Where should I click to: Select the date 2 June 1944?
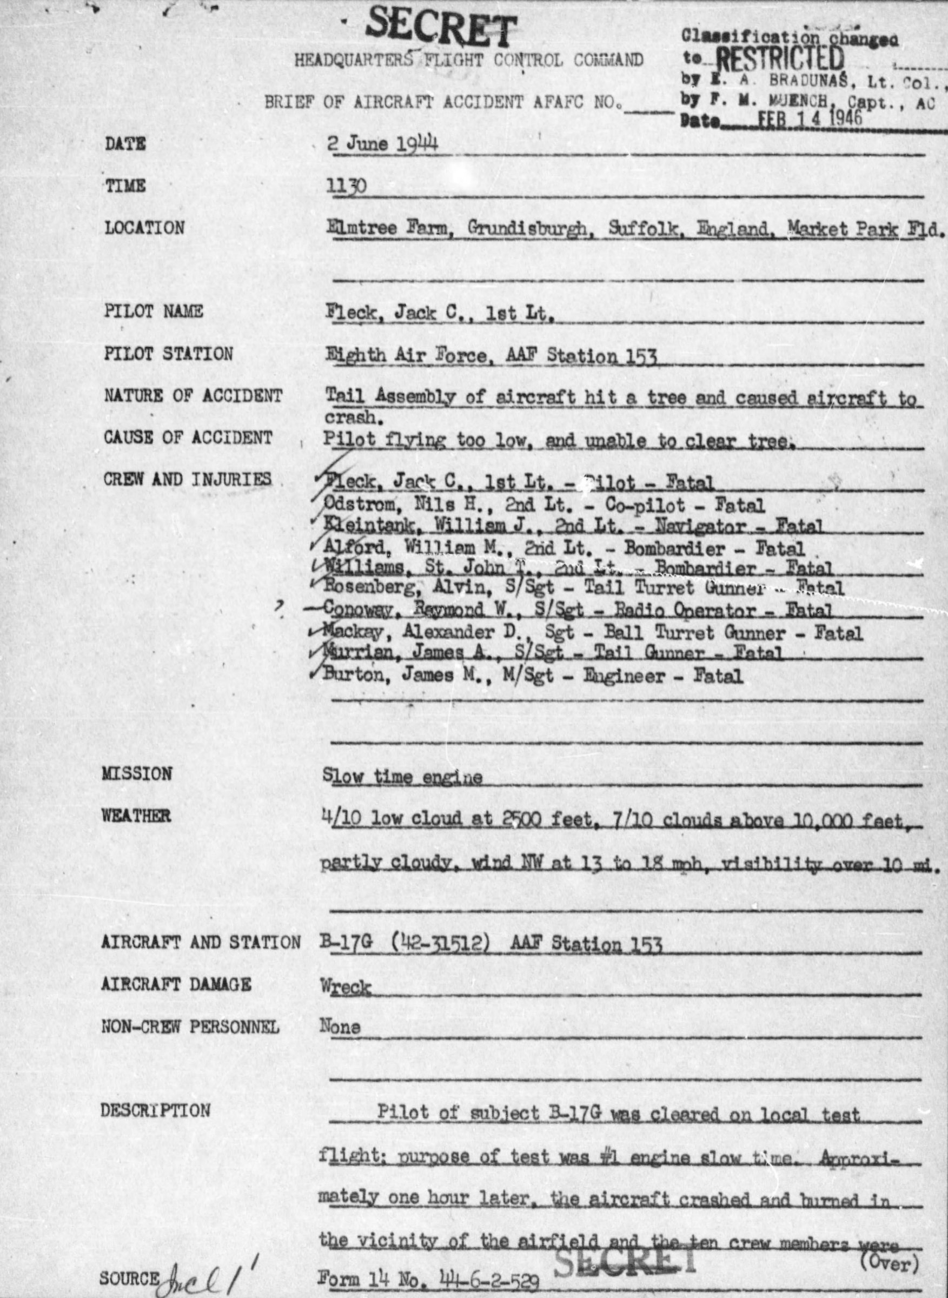[x=382, y=143]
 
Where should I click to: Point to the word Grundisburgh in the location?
[x=527, y=228]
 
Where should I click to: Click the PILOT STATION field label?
[x=168, y=354]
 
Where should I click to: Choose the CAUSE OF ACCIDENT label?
[x=188, y=437]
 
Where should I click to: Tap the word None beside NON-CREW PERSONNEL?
[x=340, y=1027]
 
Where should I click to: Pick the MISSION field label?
[x=137, y=773]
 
